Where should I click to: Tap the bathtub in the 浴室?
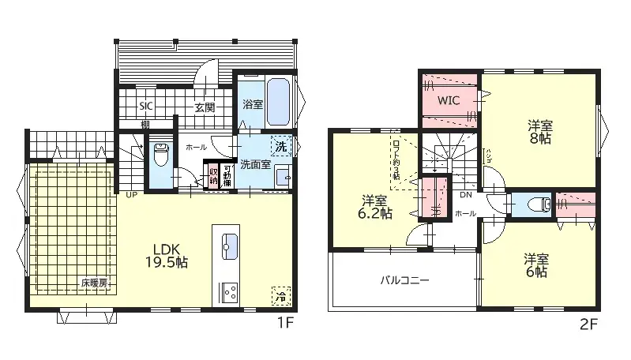[x=278, y=103]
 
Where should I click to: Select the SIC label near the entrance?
[x=147, y=107]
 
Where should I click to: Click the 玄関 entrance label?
[x=205, y=108]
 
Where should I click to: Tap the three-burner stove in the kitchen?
[x=229, y=291]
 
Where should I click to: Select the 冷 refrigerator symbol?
[x=280, y=295]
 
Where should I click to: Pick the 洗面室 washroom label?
[x=256, y=165]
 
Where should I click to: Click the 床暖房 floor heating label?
[x=93, y=282]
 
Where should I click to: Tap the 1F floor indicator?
[x=285, y=322]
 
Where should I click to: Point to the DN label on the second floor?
[x=465, y=194]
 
